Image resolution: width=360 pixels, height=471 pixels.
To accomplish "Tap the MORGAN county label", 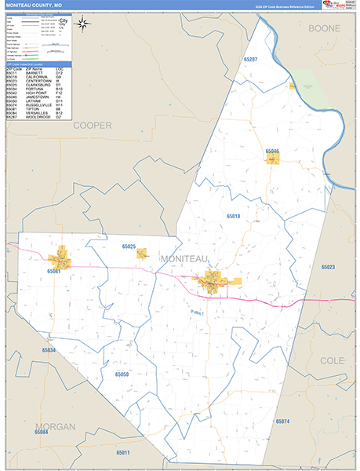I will point(56,425).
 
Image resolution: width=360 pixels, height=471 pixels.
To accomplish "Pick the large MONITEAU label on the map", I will point(185,258).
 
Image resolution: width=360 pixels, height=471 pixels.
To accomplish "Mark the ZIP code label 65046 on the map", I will point(272,151).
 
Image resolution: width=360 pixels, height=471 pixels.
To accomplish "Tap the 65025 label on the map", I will point(129,247).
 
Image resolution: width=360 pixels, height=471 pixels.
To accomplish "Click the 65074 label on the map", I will point(282,422).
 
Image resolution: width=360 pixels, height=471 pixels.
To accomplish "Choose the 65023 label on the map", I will point(328,268).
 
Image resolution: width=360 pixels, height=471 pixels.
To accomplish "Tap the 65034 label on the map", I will point(49,350).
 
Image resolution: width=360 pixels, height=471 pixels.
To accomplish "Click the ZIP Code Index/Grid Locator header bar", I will point(38,65).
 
